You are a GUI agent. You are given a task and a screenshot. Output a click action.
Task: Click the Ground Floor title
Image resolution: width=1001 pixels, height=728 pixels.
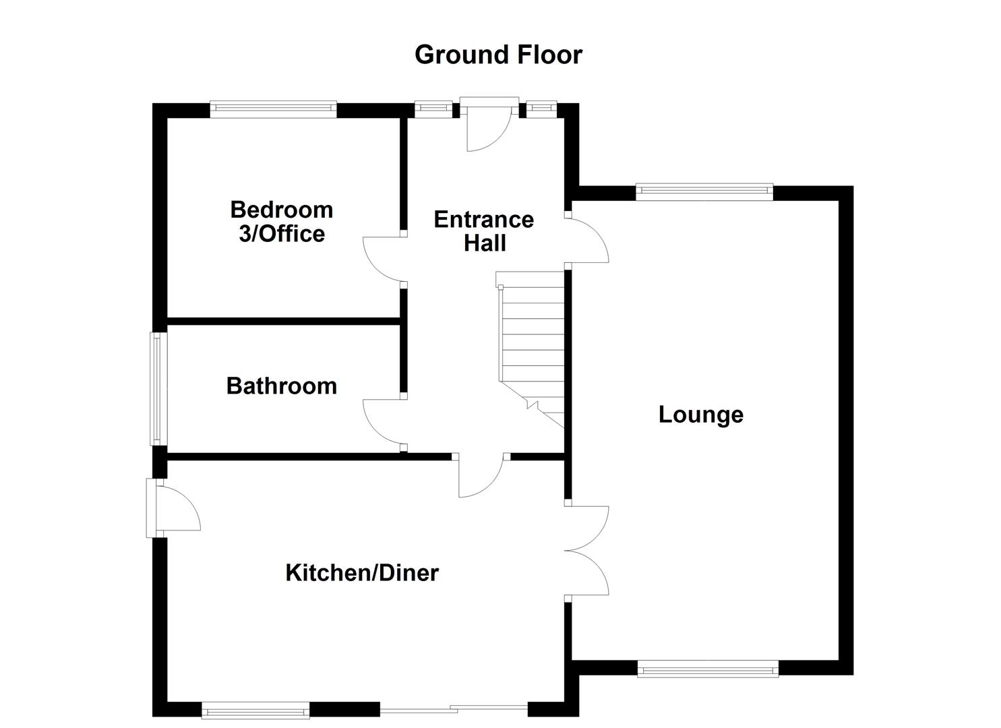click(x=498, y=55)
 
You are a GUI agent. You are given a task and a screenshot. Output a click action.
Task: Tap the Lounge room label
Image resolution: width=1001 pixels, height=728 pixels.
click(x=700, y=414)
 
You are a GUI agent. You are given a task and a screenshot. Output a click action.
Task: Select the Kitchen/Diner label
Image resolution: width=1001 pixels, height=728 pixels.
click(x=362, y=573)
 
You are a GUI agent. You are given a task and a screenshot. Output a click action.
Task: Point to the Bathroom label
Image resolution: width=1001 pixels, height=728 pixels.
click(x=282, y=386)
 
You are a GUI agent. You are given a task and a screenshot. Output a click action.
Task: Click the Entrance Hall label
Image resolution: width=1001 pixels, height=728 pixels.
click(x=484, y=231)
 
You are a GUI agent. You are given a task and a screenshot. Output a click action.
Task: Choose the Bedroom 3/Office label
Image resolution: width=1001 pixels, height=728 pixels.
click(x=282, y=222)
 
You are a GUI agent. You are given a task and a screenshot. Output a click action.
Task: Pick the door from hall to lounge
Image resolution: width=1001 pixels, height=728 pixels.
click(x=588, y=239)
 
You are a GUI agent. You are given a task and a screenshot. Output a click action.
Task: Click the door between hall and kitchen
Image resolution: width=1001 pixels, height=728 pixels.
click(x=481, y=475)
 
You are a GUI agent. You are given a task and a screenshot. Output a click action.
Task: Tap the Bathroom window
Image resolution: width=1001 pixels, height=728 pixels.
click(x=158, y=389)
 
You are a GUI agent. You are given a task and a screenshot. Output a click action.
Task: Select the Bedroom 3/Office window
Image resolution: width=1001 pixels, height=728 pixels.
click(x=273, y=109)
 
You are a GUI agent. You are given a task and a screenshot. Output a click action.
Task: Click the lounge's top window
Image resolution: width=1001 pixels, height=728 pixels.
click(x=704, y=191)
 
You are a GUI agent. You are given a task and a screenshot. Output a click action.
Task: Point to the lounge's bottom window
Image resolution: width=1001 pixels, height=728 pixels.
click(x=708, y=669)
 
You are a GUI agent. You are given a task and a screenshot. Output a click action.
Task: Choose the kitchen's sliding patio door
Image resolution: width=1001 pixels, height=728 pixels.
click(x=453, y=709)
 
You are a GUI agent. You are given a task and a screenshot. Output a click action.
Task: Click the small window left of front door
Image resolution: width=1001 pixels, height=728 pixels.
click(x=433, y=108)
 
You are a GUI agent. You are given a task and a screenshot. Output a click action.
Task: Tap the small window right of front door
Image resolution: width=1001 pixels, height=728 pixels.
click(x=541, y=108)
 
